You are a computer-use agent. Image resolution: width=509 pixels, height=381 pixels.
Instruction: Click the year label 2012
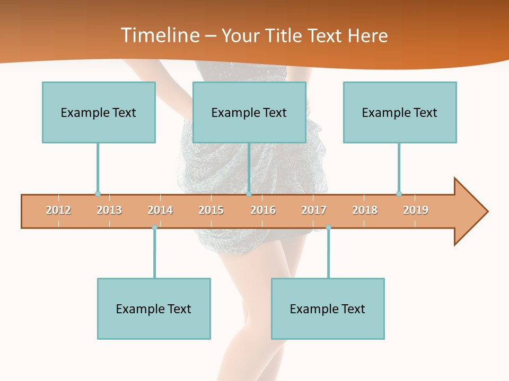pyautogui.click(x=58, y=210)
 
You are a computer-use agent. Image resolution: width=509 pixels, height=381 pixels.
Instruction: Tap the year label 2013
pyautogui.click(x=109, y=210)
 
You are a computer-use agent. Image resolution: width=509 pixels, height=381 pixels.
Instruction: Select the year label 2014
pyautogui.click(x=160, y=210)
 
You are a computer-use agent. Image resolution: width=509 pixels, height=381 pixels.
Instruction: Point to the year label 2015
pyautogui.click(x=211, y=210)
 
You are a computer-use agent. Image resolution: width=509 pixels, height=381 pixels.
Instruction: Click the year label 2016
pyautogui.click(x=263, y=210)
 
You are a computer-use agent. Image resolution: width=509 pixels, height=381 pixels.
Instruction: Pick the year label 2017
pyautogui.click(x=314, y=210)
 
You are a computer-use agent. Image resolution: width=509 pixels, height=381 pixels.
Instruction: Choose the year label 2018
pyautogui.click(x=365, y=210)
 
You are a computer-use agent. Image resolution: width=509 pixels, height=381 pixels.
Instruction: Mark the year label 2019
pyautogui.click(x=416, y=210)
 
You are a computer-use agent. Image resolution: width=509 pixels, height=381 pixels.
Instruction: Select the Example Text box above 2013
pyautogui.click(x=99, y=112)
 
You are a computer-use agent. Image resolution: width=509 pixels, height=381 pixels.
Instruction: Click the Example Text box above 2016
pyautogui.click(x=249, y=112)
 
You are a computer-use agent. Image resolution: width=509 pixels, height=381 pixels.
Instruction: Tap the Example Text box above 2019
pyautogui.click(x=400, y=112)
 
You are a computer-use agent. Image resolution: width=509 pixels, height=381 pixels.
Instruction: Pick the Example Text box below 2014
pyautogui.click(x=154, y=309)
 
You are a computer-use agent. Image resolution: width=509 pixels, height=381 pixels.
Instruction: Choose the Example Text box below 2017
pyautogui.click(x=328, y=309)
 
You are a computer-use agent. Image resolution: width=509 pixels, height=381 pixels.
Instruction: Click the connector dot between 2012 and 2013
pyautogui.click(x=98, y=194)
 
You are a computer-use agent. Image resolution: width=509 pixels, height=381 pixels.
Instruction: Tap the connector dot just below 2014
pyautogui.click(x=154, y=227)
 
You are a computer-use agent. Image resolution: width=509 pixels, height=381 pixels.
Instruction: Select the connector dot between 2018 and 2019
pyautogui.click(x=399, y=194)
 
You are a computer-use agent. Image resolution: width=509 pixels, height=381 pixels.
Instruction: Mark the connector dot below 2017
pyautogui.click(x=328, y=227)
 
